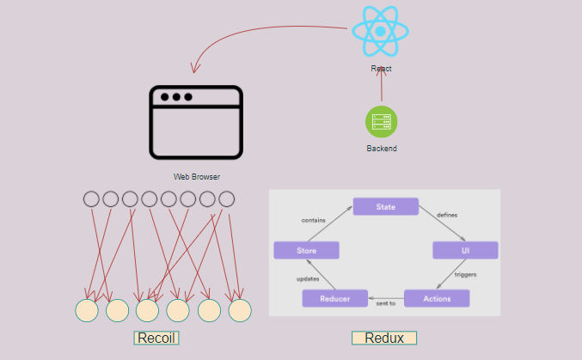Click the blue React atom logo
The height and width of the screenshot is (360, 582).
click(x=380, y=31)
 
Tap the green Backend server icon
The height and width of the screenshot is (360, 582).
click(x=381, y=122)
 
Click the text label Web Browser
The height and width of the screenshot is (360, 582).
click(x=197, y=176)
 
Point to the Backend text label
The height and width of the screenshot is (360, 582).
click(x=382, y=149)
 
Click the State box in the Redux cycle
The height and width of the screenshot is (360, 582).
click(x=385, y=206)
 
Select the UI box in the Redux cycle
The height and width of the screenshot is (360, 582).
click(x=465, y=250)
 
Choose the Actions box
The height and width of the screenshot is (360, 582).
click(x=437, y=298)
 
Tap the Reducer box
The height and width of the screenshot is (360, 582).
click(x=334, y=298)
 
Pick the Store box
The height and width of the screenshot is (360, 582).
click(x=306, y=250)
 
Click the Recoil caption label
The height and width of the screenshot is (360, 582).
click(x=156, y=338)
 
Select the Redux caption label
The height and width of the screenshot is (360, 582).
click(x=384, y=338)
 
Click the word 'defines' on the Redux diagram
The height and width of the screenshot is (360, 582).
click(x=447, y=214)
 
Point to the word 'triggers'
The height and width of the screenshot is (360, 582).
click(x=465, y=275)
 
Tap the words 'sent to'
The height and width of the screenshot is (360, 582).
click(x=385, y=303)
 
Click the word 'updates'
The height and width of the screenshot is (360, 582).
click(x=308, y=279)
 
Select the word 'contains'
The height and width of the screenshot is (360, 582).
click(x=313, y=221)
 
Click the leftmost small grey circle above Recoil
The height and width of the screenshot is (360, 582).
click(x=91, y=199)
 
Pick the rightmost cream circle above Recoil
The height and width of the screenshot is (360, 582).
click(x=239, y=310)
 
